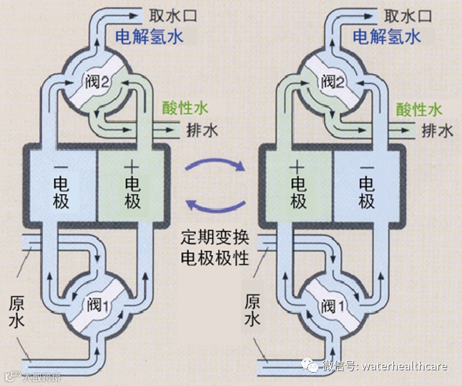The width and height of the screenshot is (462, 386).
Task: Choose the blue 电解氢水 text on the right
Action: [x=387, y=37]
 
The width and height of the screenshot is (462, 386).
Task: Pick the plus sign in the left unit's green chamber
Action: [x=132, y=166]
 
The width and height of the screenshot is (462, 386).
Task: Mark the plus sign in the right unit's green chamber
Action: [x=298, y=166]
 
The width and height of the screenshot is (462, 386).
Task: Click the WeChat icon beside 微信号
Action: [x=311, y=365]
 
